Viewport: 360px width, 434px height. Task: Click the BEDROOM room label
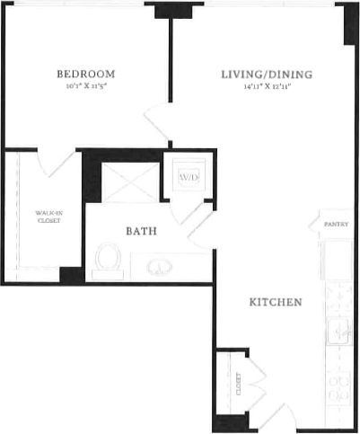pyautogui.click(x=85, y=73)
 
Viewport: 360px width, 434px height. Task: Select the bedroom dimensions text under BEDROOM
pyautogui.click(x=85, y=87)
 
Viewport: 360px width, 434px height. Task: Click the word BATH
pyautogui.click(x=142, y=231)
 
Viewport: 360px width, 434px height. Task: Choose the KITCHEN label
pyautogui.click(x=275, y=303)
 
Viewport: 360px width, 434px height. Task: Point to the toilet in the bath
pyautogui.click(x=108, y=259)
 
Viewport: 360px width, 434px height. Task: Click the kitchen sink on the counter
pyautogui.click(x=338, y=331)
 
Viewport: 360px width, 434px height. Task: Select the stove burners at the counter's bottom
pyautogui.click(x=338, y=386)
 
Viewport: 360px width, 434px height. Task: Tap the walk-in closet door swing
pyautogui.click(x=62, y=164)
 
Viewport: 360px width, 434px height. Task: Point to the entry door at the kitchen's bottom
pyautogui.click(x=277, y=415)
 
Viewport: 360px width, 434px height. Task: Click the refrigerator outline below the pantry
pyautogui.click(x=338, y=261)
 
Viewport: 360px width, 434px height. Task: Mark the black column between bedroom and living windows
pyautogui.click(x=167, y=10)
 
